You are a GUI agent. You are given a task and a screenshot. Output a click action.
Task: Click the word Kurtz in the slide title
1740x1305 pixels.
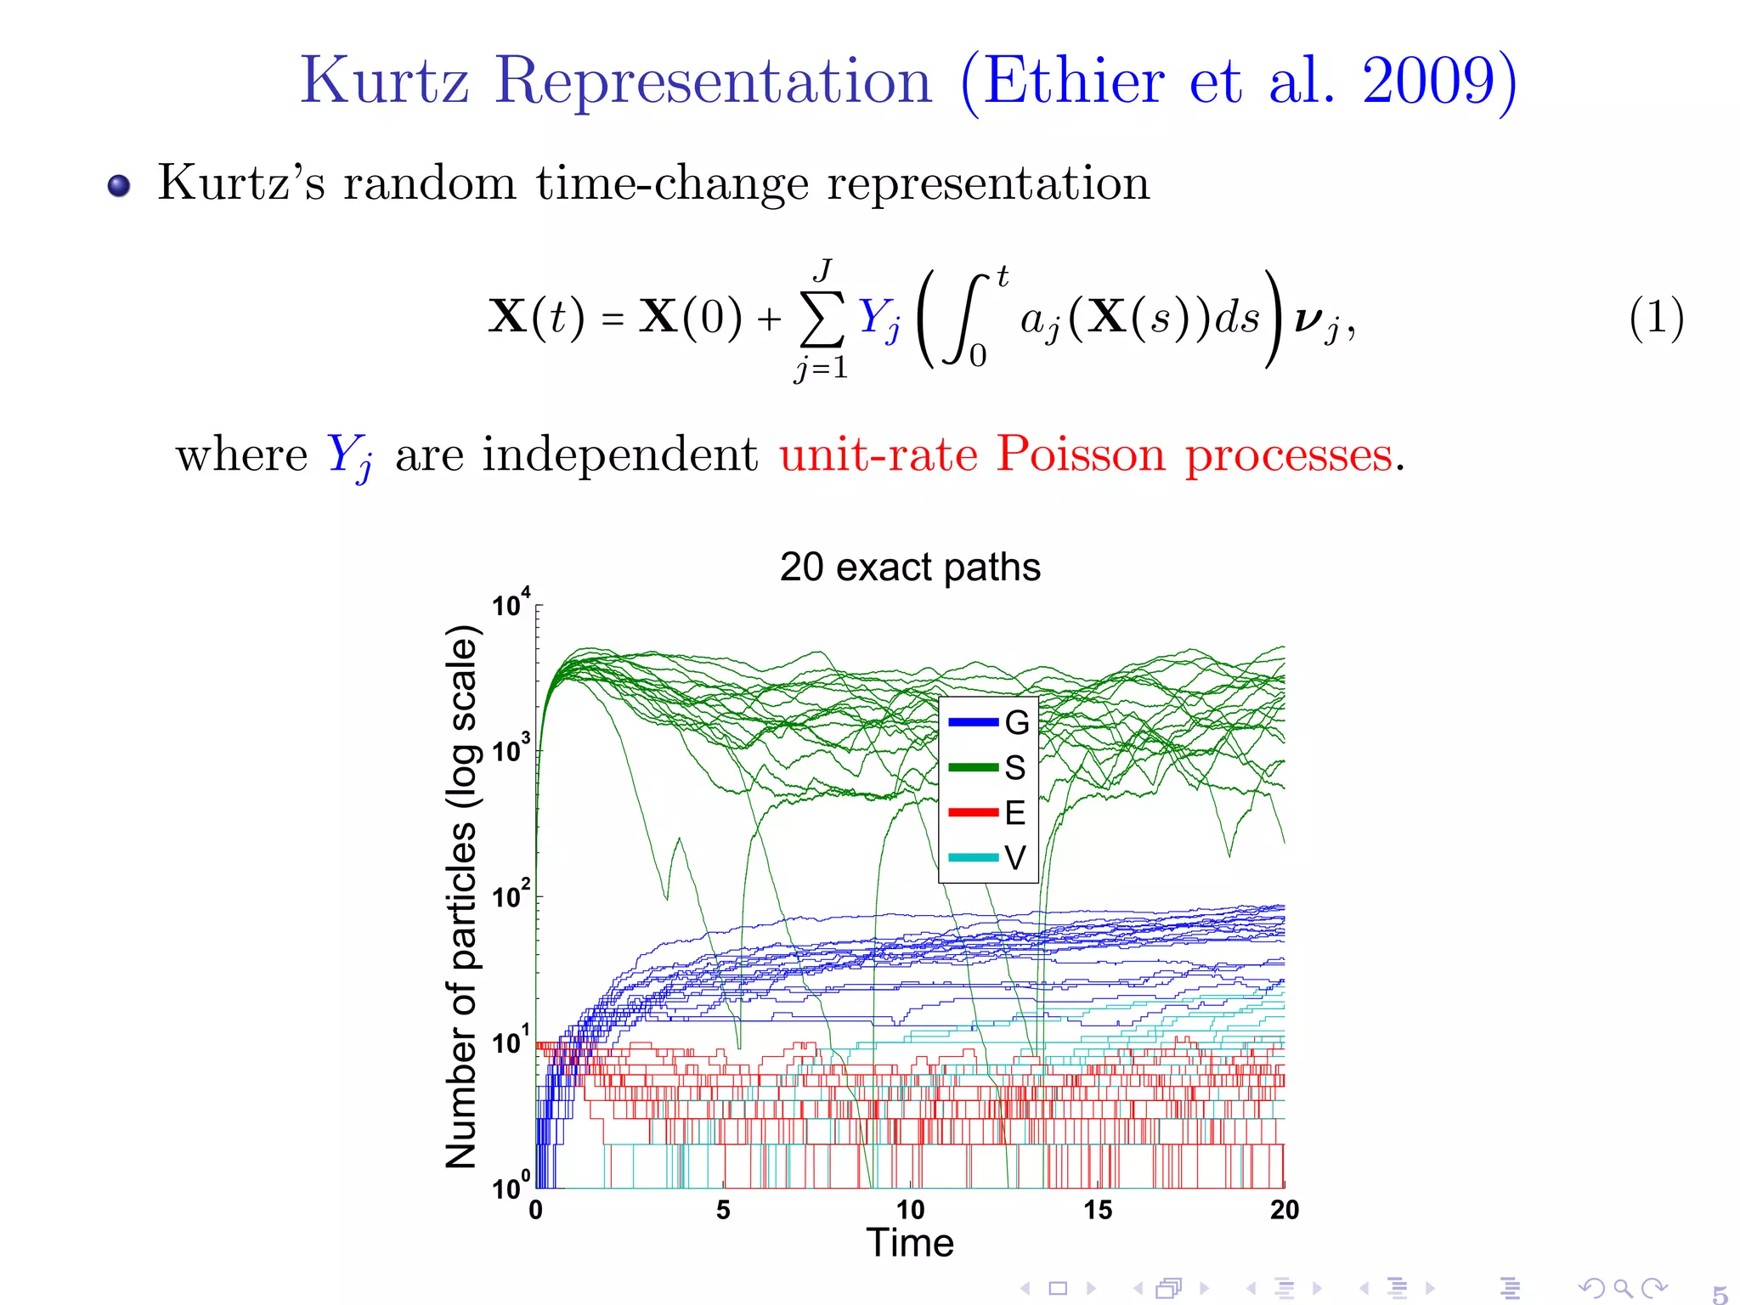tap(384, 81)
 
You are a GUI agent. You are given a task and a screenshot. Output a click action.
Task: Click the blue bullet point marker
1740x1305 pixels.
tap(119, 185)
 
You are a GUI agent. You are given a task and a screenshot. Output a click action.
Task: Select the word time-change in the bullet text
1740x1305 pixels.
tap(672, 183)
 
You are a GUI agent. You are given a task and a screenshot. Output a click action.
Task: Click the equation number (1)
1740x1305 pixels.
tap(1656, 318)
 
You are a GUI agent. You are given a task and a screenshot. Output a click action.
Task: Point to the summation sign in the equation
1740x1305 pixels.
tap(822, 319)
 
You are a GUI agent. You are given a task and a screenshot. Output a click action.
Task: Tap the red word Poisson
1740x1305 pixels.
tap(1081, 454)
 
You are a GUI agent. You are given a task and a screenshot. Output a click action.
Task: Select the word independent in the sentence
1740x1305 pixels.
tap(619, 454)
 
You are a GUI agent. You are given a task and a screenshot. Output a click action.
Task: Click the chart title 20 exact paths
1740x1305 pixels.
tap(910, 567)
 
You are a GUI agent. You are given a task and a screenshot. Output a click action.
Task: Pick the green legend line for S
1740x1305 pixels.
tap(973, 768)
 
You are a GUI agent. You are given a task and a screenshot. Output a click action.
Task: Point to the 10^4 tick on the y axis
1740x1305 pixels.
tap(511, 605)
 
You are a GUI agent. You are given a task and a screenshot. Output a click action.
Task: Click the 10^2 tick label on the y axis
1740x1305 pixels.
tap(511, 895)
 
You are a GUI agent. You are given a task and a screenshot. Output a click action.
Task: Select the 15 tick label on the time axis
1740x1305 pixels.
tap(1097, 1210)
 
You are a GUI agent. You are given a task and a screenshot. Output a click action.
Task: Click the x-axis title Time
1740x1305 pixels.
tap(910, 1243)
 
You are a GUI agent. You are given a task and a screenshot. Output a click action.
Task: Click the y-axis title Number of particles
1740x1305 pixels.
tap(462, 896)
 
